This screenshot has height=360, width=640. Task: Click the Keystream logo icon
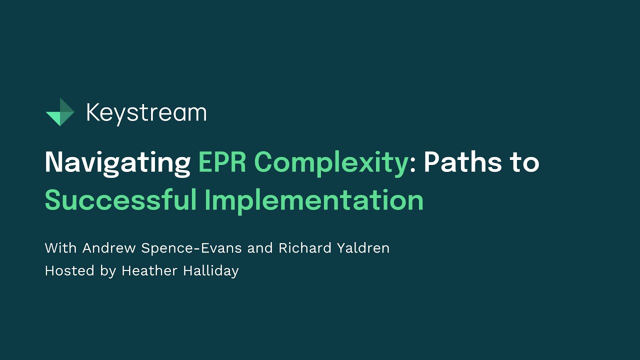click(60, 112)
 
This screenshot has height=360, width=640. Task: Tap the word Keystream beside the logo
click(146, 113)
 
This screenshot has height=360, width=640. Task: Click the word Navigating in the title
click(117, 163)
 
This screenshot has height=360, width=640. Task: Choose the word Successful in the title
click(120, 200)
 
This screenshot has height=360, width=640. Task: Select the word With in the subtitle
click(61, 248)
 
